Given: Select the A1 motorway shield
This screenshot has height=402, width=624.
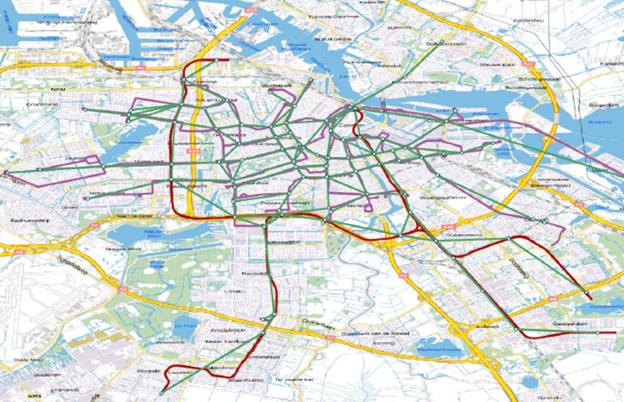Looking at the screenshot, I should [579, 205].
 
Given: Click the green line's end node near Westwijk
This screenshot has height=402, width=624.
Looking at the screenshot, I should [161, 393].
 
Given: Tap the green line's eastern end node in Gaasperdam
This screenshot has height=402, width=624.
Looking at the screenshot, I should [598, 333].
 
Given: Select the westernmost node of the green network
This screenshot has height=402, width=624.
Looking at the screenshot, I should [6, 173].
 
